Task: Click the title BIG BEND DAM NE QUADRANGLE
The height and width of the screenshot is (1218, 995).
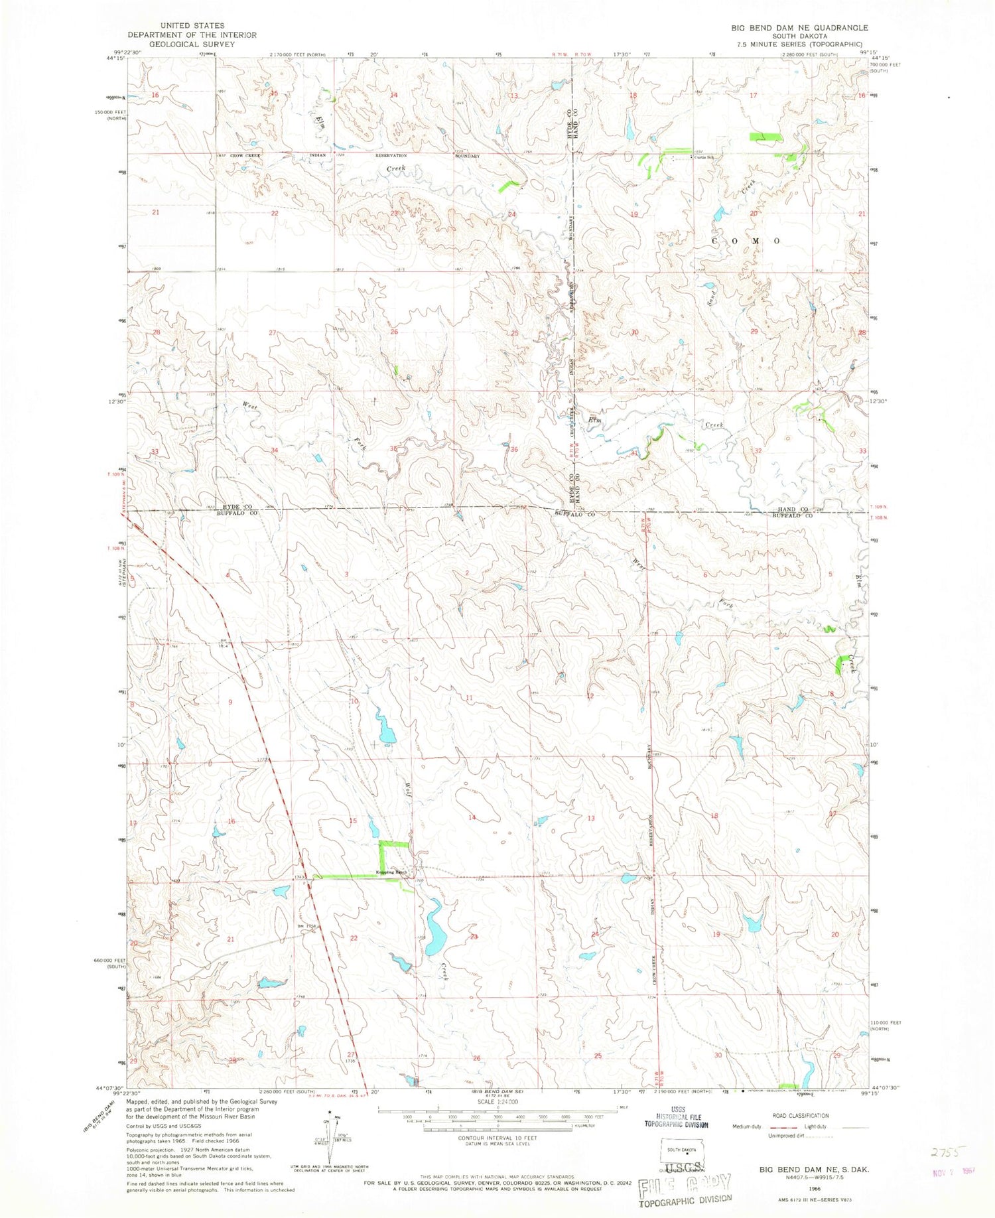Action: pos(799,27)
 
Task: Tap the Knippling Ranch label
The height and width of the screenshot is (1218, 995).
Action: pos(391,872)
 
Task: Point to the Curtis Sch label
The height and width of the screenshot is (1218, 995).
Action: pos(704,157)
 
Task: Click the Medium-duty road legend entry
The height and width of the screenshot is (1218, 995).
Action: pos(748,1126)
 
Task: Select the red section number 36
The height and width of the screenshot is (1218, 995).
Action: pos(513,449)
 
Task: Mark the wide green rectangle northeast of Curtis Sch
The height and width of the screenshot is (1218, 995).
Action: pos(765,137)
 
